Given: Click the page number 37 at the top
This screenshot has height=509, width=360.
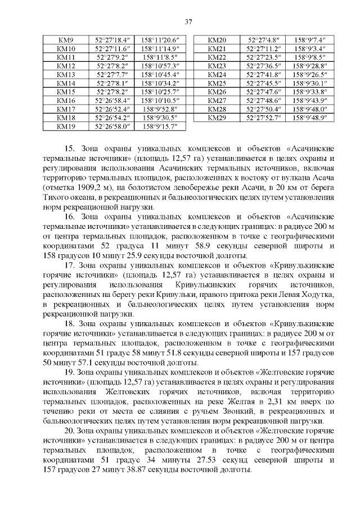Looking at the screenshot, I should coord(189,22).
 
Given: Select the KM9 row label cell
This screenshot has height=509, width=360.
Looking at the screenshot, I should coord(67,40).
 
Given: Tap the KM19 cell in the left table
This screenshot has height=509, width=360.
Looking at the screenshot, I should coord(67,127).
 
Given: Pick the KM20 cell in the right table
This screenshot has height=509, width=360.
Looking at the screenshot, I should coord(217,40).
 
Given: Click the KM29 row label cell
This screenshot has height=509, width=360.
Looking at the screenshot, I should coord(217,118).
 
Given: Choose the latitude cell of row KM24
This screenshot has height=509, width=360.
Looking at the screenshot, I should coord(264,75).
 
